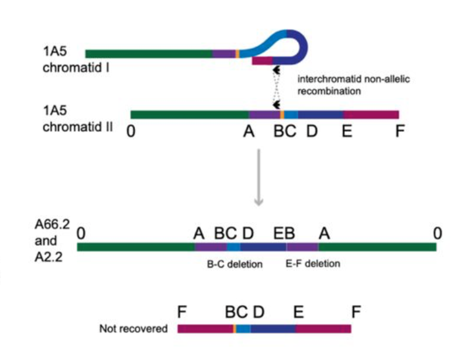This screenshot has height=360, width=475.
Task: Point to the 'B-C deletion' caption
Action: pyautogui.click(x=233, y=264)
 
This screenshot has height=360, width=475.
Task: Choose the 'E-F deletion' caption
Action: pyautogui.click(x=313, y=264)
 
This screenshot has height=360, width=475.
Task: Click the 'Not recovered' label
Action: pyautogui.click(x=133, y=329)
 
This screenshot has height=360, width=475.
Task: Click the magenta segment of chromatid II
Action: pyautogui.click(x=371, y=114)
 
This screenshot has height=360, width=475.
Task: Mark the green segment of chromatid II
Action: pyautogui.click(x=189, y=114)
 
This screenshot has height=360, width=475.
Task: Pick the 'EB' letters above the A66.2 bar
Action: pyautogui.click(x=284, y=232)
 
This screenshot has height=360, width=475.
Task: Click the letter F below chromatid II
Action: pyautogui.click(x=400, y=131)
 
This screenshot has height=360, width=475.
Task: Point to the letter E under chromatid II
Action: pyautogui.click(x=347, y=131)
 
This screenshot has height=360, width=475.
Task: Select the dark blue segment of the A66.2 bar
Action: pyautogui.click(x=263, y=247)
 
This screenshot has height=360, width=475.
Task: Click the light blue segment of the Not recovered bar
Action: pyautogui.click(x=243, y=329)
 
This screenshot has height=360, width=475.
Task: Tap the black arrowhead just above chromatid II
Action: pyautogui.click(x=278, y=104)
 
